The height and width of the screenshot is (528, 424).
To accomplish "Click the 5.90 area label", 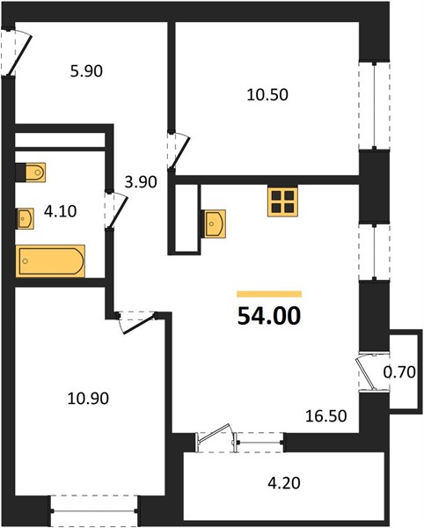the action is point(86,71).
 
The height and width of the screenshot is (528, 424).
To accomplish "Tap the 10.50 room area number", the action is point(267,95).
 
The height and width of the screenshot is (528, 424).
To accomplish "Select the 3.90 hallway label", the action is point(141,182).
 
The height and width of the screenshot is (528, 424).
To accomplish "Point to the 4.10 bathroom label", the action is point(60,211).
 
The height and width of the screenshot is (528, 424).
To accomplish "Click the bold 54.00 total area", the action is point(269,317).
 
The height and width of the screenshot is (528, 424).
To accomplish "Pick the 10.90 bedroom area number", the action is point(88,399).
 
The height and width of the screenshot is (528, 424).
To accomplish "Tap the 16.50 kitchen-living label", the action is point(326,416).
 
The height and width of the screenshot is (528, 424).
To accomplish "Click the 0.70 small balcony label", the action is point(399,372).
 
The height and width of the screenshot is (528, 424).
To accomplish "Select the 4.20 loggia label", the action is point(284,483).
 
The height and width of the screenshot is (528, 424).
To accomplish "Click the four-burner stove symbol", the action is point(283,202).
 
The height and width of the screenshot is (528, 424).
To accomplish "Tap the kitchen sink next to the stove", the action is point(214,224).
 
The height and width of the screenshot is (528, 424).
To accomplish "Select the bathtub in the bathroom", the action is point(50,261).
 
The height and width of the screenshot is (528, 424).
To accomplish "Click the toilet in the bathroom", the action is point(31,172).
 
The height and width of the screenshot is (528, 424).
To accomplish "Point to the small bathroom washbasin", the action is point(26,218).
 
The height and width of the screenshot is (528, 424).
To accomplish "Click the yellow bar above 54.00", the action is point(269,294).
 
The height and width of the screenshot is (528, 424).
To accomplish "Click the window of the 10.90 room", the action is point(94,510).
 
